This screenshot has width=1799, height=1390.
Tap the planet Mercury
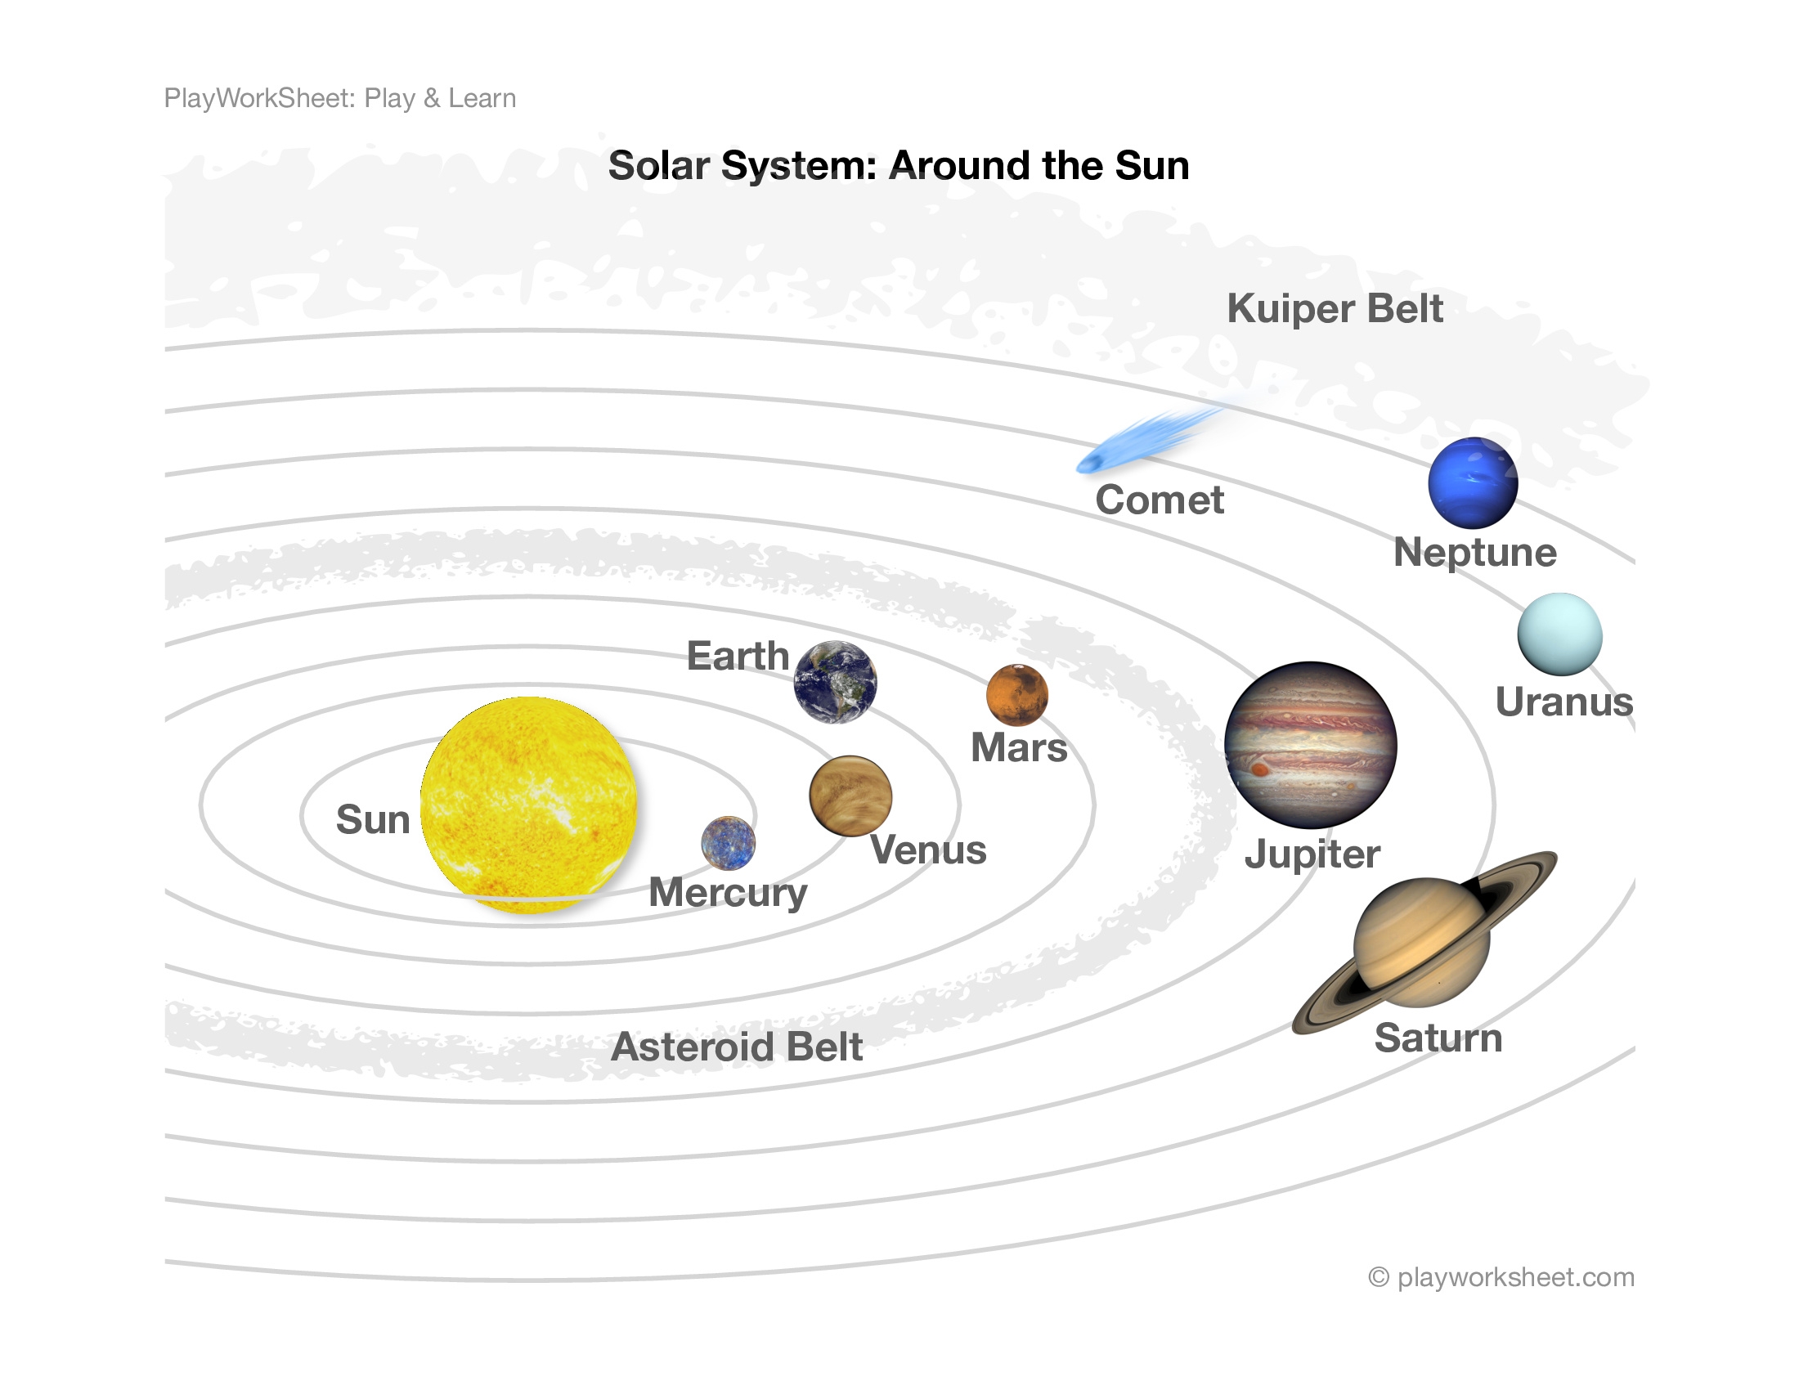(727, 843)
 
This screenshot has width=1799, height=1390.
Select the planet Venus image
(850, 796)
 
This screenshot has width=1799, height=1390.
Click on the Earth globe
(834, 682)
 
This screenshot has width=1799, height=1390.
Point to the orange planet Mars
(1016, 695)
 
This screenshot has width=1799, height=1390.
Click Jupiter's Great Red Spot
(1259, 770)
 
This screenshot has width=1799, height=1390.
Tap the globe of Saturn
(1422, 942)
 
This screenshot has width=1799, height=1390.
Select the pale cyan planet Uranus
(1559, 634)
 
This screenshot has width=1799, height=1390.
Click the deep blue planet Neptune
(1473, 482)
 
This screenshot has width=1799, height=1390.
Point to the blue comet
(1145, 441)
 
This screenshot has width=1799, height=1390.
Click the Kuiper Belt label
(1335, 309)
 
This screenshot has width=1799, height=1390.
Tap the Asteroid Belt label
(737, 1047)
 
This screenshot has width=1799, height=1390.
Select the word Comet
(1159, 500)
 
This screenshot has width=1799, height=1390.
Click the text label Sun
(372, 819)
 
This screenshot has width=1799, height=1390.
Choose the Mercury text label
(727, 893)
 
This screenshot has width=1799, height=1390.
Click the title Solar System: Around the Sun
(899, 165)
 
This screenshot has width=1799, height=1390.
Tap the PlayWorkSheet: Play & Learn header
(340, 98)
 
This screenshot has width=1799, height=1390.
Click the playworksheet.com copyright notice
(1501, 1277)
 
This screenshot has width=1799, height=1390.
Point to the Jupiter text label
(1312, 854)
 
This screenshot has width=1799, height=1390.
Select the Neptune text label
(1474, 552)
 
